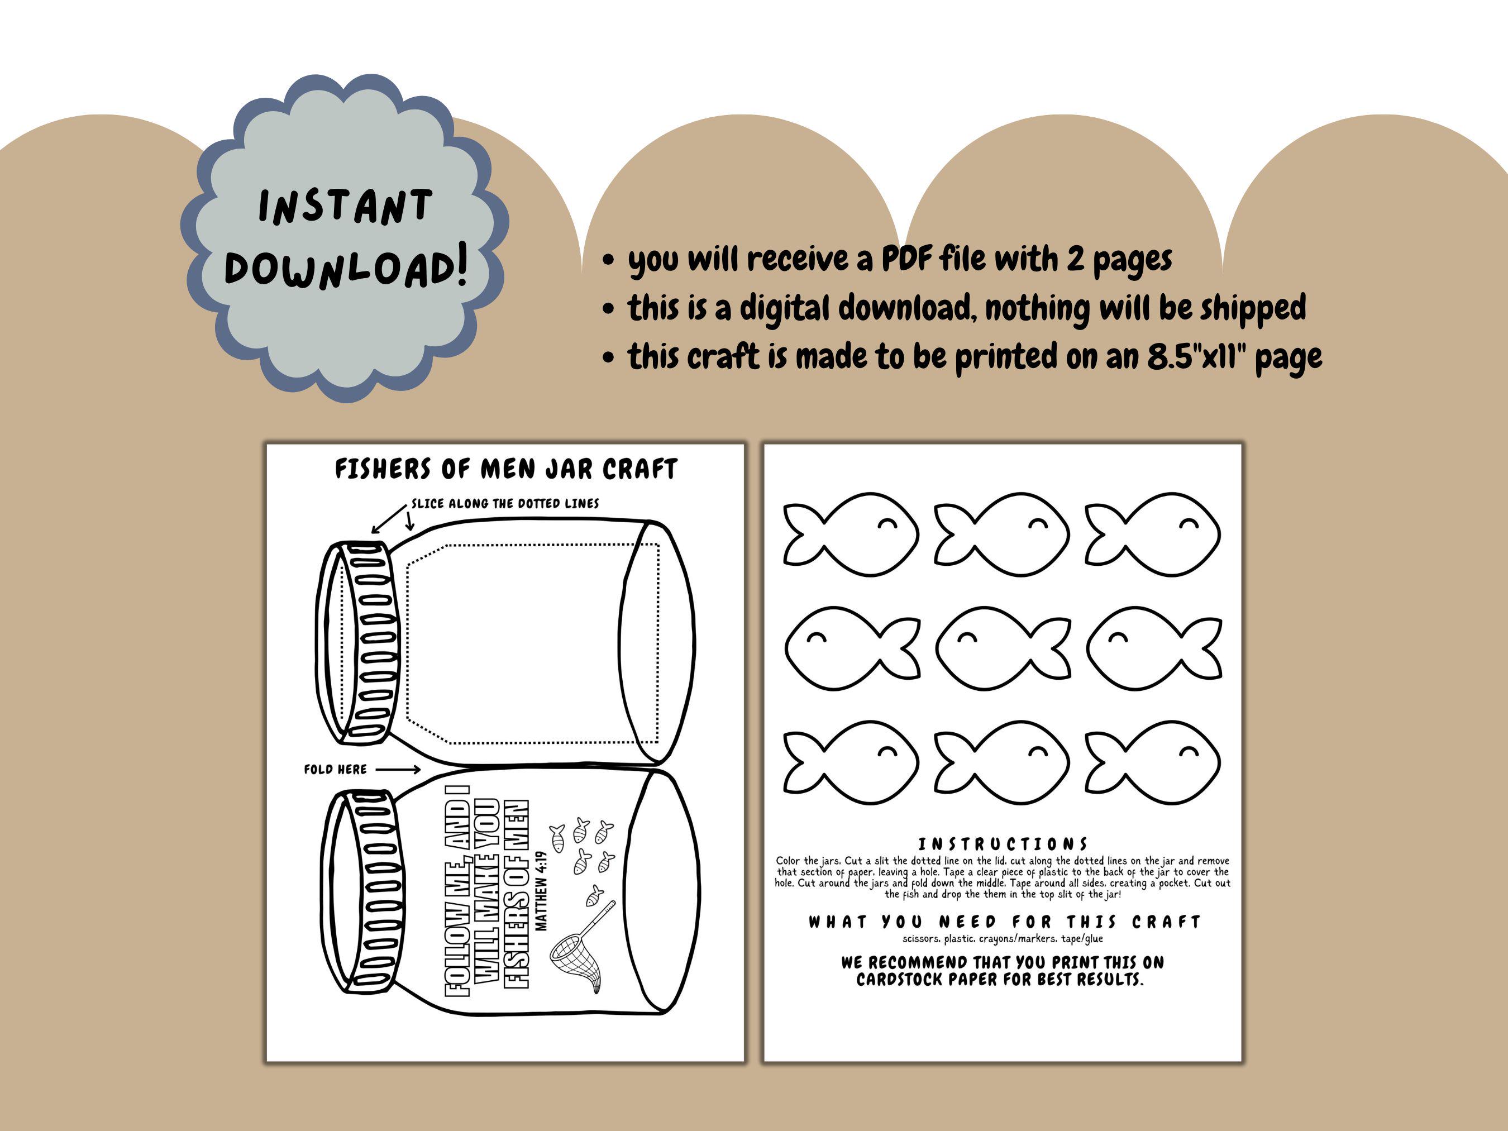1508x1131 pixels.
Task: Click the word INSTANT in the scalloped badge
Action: (x=346, y=207)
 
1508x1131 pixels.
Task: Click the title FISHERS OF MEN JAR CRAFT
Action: (x=506, y=469)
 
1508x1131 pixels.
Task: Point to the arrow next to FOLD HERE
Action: (x=398, y=770)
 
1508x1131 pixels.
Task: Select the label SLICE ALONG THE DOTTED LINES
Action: (x=505, y=504)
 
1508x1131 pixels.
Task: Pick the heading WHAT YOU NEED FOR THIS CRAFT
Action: (x=1004, y=922)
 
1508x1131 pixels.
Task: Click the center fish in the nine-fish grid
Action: (x=1003, y=647)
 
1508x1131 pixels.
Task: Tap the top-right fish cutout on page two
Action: (x=1153, y=535)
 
